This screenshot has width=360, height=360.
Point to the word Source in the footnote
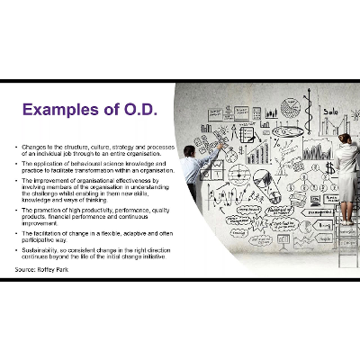[x=25, y=268]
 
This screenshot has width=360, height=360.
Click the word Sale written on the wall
[x=330, y=112]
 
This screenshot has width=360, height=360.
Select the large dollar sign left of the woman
[x=329, y=168]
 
